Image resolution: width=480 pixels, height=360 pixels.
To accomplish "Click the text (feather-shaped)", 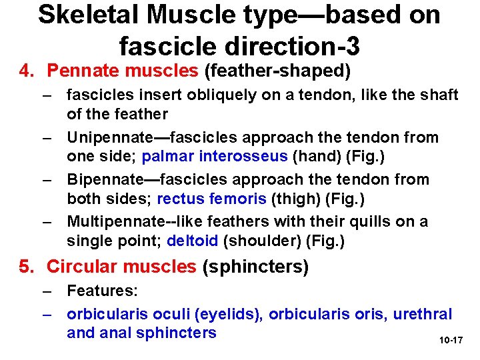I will pyautogui.click(x=277, y=69).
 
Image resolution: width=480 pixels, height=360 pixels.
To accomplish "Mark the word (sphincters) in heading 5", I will pyautogui.click(x=255, y=267).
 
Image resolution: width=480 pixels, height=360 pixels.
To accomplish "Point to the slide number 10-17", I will pyautogui.click(x=451, y=341).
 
